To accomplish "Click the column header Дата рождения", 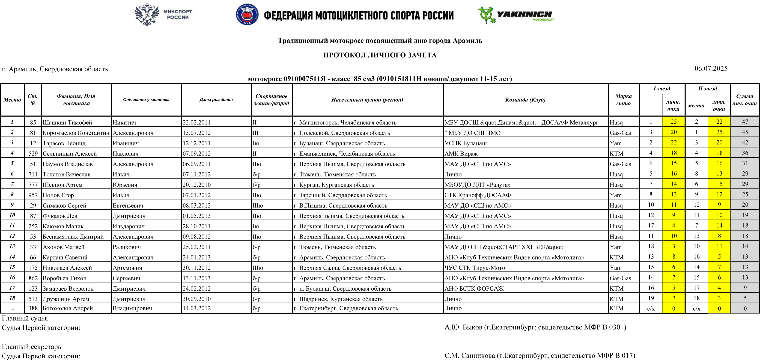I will coord(216,100).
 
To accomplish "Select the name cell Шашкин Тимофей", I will coord(67,122).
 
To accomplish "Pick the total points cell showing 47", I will coord(745,122).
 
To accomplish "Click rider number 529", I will coord(33,153).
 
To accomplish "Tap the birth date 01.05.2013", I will coord(197,216).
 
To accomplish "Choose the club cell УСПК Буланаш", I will coord(465,143).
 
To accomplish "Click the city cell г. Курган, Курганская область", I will coord(334,185).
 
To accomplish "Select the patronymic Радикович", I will coord(127,247).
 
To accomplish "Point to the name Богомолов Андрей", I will coord(68,308).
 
